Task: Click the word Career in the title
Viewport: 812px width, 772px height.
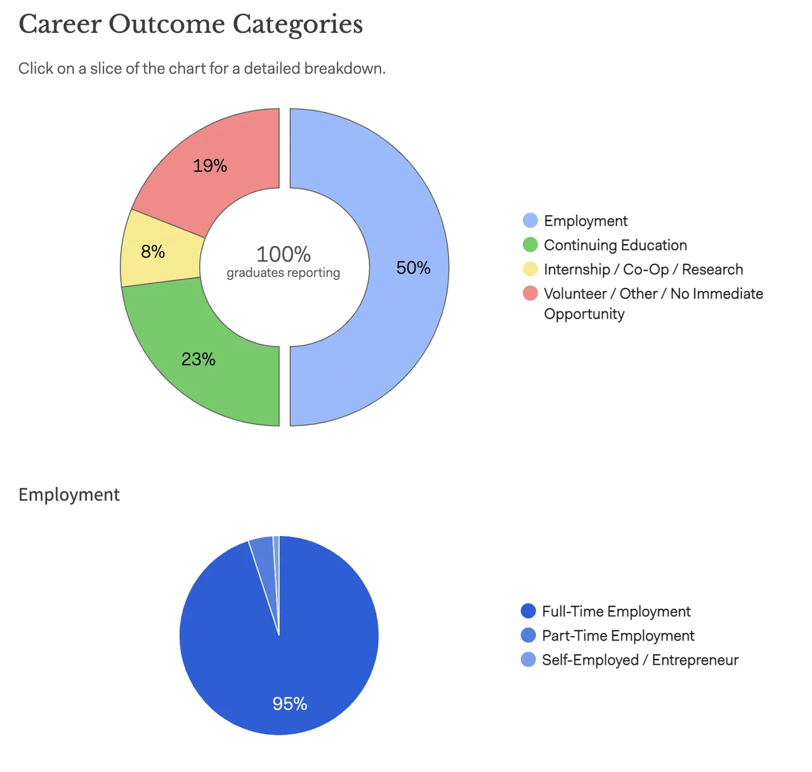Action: click(x=60, y=25)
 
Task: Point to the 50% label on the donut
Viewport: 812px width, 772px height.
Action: click(x=413, y=268)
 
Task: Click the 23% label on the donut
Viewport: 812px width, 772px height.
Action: click(x=199, y=359)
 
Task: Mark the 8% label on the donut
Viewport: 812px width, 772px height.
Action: click(x=153, y=252)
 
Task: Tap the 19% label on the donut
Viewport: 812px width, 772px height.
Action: click(x=210, y=166)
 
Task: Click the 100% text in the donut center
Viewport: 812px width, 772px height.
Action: click(x=283, y=254)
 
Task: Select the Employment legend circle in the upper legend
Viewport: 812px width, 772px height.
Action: click(x=530, y=221)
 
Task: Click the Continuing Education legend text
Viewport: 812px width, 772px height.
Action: click(x=615, y=245)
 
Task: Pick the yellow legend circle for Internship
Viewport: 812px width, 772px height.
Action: click(x=530, y=269)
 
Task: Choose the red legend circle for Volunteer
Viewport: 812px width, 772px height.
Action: click(x=530, y=293)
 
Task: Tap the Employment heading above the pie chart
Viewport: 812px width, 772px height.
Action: click(x=69, y=495)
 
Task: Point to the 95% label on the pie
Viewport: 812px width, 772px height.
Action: click(x=290, y=703)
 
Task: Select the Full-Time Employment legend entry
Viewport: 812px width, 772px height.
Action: click(x=615, y=612)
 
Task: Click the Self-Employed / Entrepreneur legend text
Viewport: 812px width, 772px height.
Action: click(x=639, y=660)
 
